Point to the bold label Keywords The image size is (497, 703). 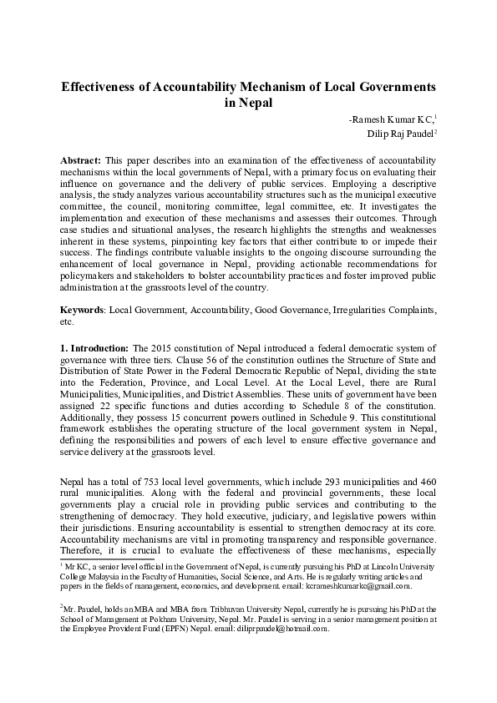click(x=84, y=309)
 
